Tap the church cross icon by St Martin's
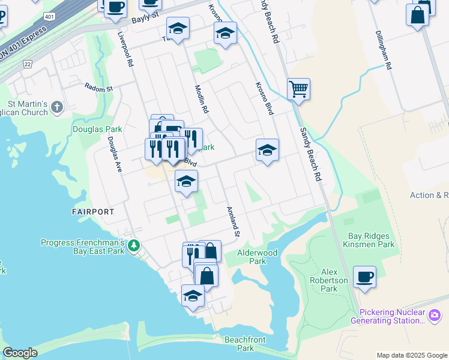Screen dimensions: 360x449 point(57,107)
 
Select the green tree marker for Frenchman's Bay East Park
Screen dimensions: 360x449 point(134,245)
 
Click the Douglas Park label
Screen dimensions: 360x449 point(97,129)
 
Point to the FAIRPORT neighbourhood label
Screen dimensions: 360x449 point(93,212)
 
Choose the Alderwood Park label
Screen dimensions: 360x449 point(258,257)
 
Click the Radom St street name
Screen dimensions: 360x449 point(98,88)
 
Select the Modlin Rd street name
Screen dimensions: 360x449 point(201,99)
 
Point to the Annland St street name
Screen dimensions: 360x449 point(233,221)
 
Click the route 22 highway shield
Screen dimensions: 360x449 point(28,64)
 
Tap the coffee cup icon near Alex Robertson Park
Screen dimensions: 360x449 point(364,278)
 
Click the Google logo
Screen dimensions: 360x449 point(20,353)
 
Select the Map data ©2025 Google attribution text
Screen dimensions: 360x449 point(412,355)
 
